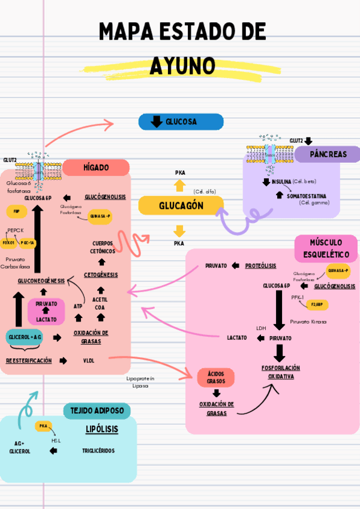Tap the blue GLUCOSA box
(x=181, y=122)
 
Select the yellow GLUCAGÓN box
(x=181, y=206)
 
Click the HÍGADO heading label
(x=96, y=167)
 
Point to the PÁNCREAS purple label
(x=328, y=154)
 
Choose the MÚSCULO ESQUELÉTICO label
(x=326, y=248)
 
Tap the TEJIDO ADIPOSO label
(x=97, y=411)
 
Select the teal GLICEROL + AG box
(x=25, y=337)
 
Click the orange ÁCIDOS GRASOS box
(x=215, y=377)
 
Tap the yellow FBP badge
(x=16, y=211)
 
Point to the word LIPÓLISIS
(x=101, y=430)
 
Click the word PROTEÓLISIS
(x=260, y=265)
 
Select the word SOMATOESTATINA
(x=307, y=196)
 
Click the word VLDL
(x=89, y=361)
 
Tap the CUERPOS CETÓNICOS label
(x=103, y=247)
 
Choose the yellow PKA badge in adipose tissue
(x=43, y=426)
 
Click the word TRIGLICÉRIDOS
(x=98, y=450)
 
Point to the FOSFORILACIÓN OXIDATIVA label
(x=280, y=372)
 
